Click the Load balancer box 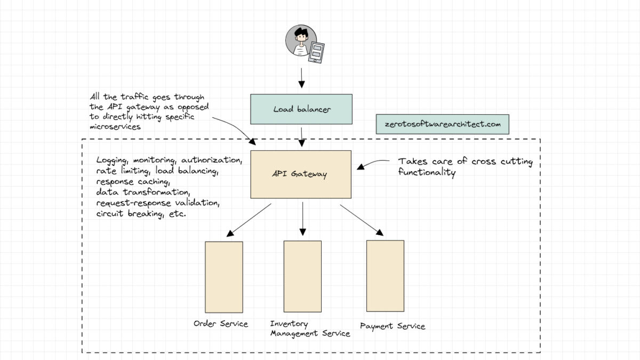(x=301, y=109)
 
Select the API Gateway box (x=301, y=174)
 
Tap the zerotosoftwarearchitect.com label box (x=442, y=124)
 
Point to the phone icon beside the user (x=317, y=52)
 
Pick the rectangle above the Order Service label (x=224, y=277)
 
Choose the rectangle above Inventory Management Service (x=302, y=276)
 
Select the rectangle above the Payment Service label (x=385, y=275)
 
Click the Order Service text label (x=220, y=324)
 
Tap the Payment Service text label (x=393, y=326)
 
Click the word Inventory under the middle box (x=289, y=324)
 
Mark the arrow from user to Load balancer (x=301, y=77)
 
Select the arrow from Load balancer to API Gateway (x=302, y=137)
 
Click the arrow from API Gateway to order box (x=249, y=220)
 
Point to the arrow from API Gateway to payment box (x=362, y=219)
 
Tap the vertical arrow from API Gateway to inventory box (x=302, y=219)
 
